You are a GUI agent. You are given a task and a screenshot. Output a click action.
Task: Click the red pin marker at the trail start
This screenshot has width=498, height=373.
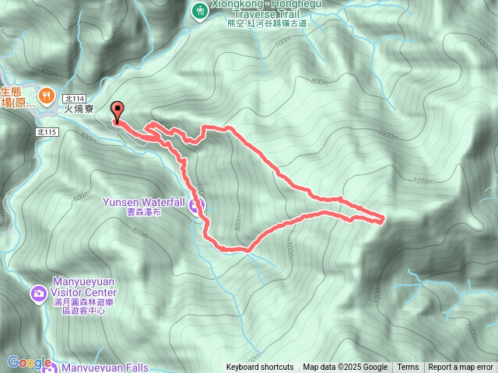(x=117, y=112)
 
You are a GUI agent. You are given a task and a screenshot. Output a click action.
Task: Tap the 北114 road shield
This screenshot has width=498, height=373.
(x=74, y=98)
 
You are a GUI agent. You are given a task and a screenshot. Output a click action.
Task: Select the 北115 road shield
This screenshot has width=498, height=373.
(x=47, y=133)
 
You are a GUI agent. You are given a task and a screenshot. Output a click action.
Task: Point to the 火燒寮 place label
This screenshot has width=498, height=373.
(x=79, y=110)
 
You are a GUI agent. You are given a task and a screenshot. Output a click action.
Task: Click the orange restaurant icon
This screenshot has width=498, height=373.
(x=46, y=95)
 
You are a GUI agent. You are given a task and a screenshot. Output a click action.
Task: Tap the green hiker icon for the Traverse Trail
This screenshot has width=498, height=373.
(x=200, y=10)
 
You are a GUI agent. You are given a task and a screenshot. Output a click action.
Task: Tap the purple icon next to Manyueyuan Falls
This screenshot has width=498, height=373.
(x=49, y=365)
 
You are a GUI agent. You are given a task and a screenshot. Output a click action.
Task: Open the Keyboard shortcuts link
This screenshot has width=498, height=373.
(x=260, y=368)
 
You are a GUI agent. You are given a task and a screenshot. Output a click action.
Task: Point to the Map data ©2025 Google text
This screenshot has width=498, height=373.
(x=345, y=368)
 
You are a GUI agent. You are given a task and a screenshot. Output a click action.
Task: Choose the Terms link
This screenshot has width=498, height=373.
(x=408, y=368)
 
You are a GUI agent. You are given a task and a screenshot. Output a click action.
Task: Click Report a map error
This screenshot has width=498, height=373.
(x=461, y=368)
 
